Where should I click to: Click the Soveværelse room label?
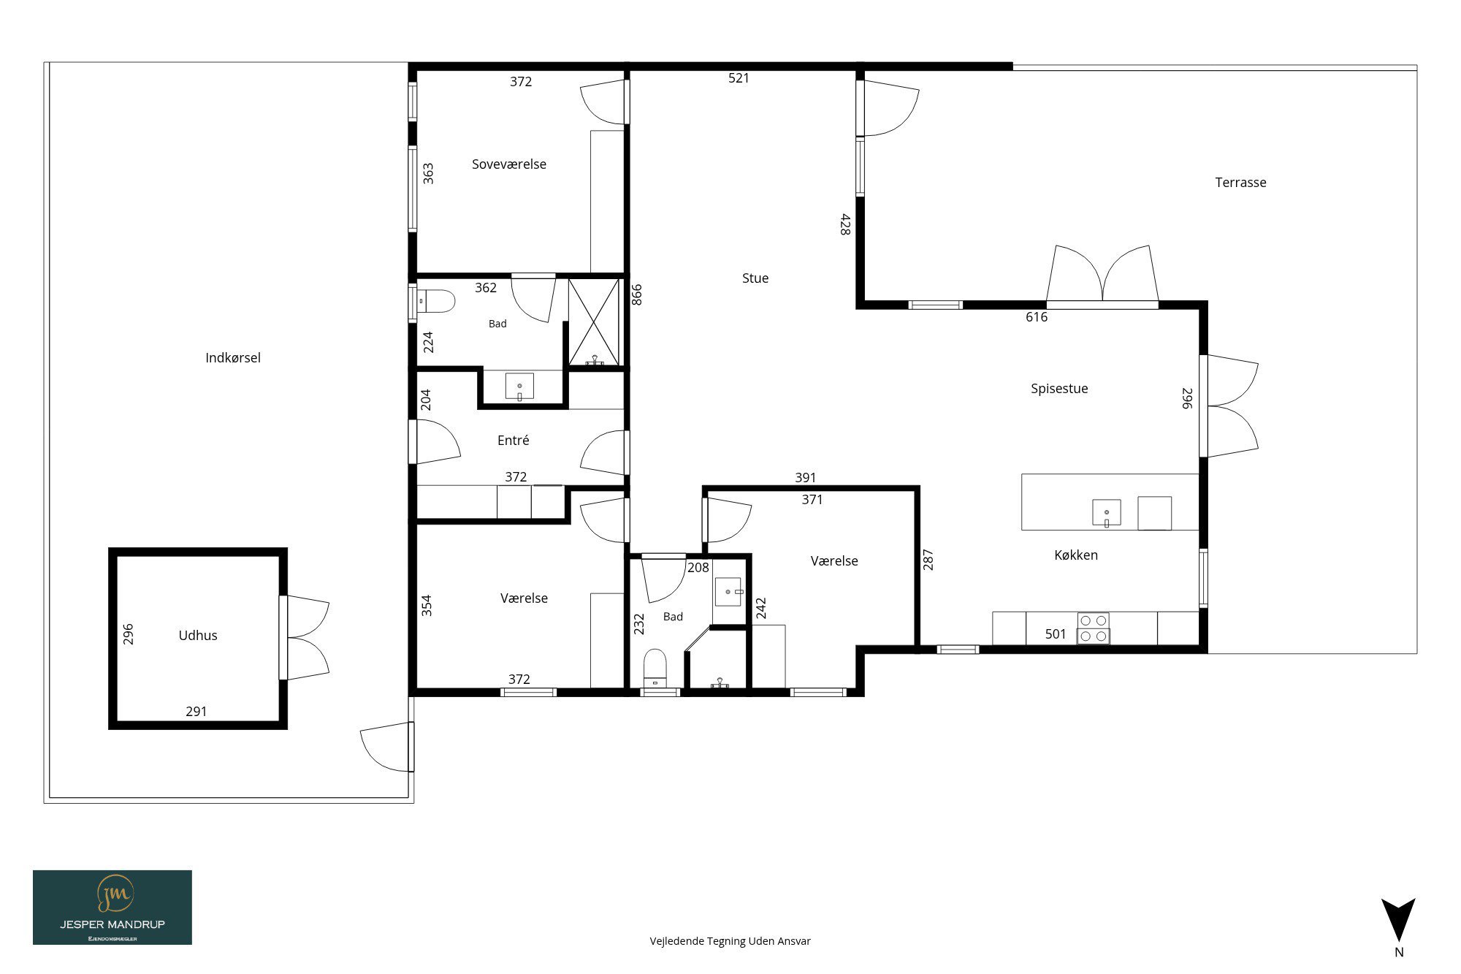pyautogui.click(x=509, y=164)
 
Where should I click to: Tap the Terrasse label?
pyautogui.click(x=1240, y=183)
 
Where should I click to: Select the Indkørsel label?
pyautogui.click(x=233, y=358)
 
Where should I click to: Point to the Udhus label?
pyautogui.click(x=198, y=636)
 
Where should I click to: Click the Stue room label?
pyautogui.click(x=755, y=278)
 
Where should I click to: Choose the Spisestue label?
pyautogui.click(x=1059, y=389)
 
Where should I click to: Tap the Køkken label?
pyautogui.click(x=1076, y=555)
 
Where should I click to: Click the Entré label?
pyautogui.click(x=513, y=441)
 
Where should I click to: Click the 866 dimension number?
pyautogui.click(x=636, y=294)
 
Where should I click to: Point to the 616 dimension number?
pyautogui.click(x=1037, y=317)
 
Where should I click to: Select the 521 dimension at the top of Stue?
pyautogui.click(x=739, y=78)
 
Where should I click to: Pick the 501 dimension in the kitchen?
pyautogui.click(x=1056, y=634)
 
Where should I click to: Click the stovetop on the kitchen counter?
pyautogui.click(x=1093, y=628)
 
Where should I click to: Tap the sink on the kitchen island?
pyautogui.click(x=1107, y=512)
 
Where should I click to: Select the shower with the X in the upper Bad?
pyautogui.click(x=595, y=322)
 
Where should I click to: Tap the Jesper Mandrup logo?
pyautogui.click(x=112, y=908)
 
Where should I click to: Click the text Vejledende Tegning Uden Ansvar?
pyautogui.click(x=730, y=941)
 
